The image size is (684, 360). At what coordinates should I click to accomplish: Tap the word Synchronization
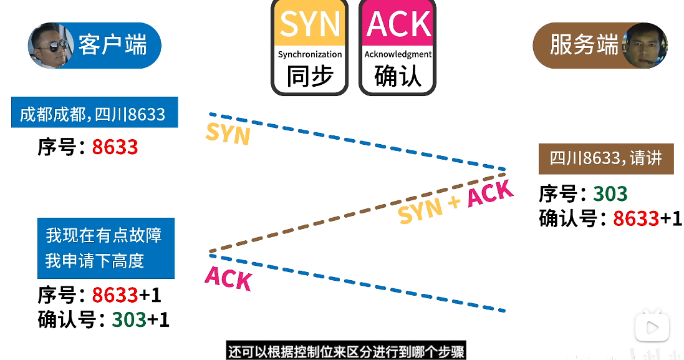tap(310, 54)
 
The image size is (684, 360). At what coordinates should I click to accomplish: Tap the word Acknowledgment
tap(398, 54)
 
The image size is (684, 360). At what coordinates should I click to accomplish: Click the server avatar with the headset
tap(645, 46)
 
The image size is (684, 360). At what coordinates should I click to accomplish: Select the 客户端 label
tap(113, 46)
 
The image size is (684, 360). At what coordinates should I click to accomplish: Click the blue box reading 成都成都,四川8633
tap(94, 114)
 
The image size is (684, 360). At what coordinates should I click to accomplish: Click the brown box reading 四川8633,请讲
tap(605, 158)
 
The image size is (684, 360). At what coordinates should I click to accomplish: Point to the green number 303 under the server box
tap(610, 194)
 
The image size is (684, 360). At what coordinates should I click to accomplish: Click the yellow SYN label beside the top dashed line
tap(228, 134)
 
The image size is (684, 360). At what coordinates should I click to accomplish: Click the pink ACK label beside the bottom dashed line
tap(228, 278)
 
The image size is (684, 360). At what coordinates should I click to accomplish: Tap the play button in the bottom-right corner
tap(652, 327)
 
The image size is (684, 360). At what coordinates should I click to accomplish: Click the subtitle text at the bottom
tap(345, 351)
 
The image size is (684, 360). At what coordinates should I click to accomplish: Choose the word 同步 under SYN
tap(310, 77)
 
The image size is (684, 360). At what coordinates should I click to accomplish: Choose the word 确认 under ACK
tap(398, 77)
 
